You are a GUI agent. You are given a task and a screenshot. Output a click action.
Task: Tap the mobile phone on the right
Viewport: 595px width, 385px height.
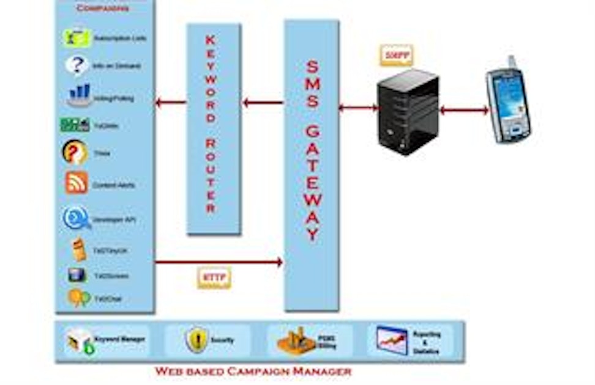(507, 101)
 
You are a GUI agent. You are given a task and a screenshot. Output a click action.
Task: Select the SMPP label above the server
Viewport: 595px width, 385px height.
(396, 56)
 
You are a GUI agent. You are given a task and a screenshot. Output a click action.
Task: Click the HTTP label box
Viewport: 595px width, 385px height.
(214, 278)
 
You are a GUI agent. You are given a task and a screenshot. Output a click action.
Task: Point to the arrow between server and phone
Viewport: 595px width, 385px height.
(464, 111)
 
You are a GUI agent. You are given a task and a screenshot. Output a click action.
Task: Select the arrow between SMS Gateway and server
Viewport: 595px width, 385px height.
(358, 108)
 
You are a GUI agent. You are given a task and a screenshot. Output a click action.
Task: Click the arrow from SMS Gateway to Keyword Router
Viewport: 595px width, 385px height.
(263, 102)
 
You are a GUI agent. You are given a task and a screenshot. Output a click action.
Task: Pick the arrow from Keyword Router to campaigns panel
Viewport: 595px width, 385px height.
(171, 102)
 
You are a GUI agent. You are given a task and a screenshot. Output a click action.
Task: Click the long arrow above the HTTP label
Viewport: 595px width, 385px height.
(219, 262)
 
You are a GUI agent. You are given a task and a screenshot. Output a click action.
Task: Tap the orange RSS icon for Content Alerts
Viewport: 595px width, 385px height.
(77, 183)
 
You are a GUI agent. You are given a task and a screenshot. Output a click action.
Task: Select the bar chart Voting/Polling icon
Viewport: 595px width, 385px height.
(79, 96)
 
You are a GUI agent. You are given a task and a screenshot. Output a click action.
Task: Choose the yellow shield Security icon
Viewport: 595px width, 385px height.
(197, 339)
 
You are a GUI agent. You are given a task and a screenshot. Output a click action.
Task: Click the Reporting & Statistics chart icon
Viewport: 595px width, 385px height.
(392, 340)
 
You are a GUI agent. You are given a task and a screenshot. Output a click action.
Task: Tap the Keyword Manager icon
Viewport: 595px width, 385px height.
(80, 340)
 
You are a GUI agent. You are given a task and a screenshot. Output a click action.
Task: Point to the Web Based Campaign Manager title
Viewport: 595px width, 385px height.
(253, 371)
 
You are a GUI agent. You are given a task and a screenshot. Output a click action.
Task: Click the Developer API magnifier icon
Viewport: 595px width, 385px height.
(77, 218)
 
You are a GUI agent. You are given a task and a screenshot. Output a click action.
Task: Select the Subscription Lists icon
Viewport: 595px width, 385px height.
(77, 38)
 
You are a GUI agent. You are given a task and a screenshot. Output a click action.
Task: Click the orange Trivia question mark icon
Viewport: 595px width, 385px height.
(75, 153)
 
